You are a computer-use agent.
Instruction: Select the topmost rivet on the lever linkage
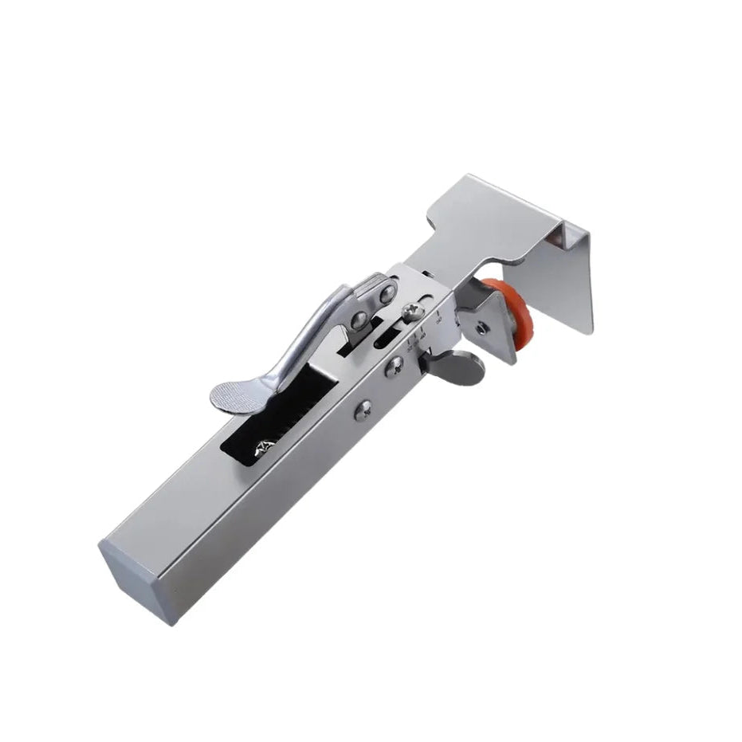[x=387, y=295]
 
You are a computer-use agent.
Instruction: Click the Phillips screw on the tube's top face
[x=413, y=312]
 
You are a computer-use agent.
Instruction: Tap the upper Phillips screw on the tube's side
[x=394, y=366]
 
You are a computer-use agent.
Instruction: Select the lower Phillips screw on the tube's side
[x=363, y=410]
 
